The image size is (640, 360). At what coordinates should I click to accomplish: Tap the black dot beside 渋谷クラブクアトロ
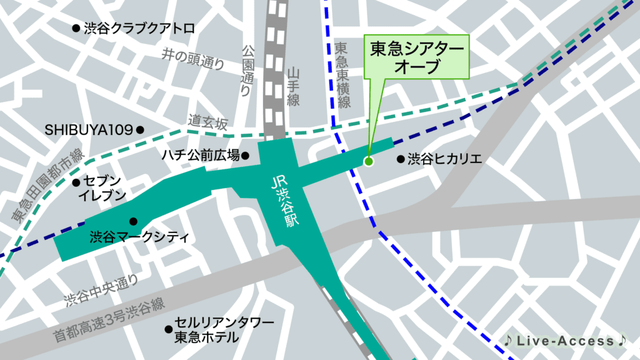[x=76, y=28]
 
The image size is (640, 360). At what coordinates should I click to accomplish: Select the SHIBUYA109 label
[x=89, y=130]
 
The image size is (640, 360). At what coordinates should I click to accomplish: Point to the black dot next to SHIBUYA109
[x=140, y=130]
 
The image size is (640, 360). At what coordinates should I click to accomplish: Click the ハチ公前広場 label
[x=201, y=155]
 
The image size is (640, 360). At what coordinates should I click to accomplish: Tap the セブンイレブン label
[x=102, y=188]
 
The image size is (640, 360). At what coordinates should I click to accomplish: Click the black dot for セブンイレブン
[x=76, y=183]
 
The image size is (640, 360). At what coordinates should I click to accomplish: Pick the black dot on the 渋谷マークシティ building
[x=133, y=221]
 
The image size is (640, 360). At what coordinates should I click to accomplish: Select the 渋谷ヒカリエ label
[x=444, y=159]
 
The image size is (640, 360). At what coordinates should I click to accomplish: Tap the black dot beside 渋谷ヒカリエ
[x=401, y=159]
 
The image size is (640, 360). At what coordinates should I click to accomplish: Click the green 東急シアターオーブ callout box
[x=416, y=57]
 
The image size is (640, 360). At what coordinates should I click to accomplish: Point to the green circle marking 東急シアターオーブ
[x=368, y=162]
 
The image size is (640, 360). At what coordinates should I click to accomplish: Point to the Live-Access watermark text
[x=566, y=341]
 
